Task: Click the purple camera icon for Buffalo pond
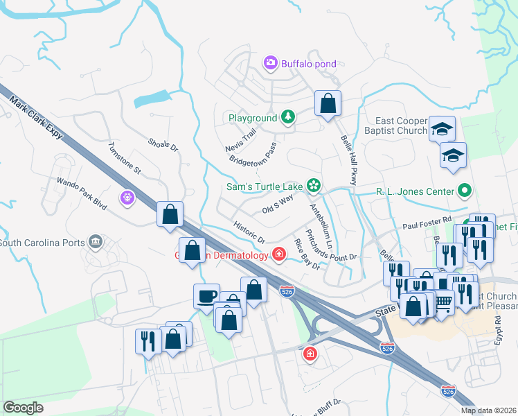point(271,64)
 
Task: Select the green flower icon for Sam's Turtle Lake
point(314,185)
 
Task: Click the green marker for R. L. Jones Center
point(464,191)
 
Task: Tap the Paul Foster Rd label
point(427,226)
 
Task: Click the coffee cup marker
point(206,295)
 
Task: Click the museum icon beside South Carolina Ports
point(96,243)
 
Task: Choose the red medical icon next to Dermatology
point(278,255)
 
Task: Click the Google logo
point(23,408)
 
